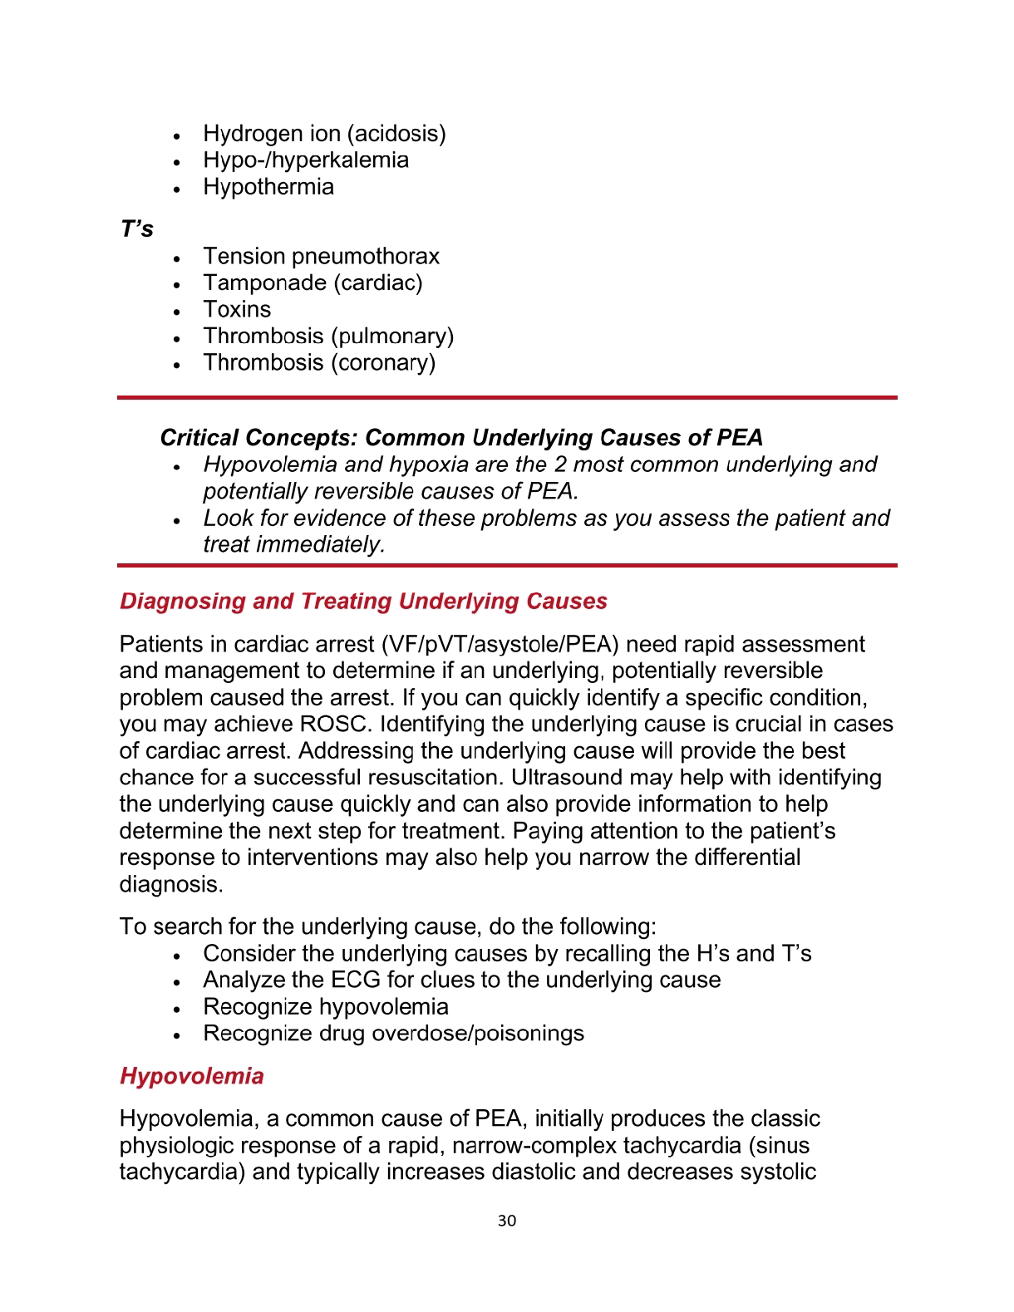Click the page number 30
pyautogui.click(x=507, y=1221)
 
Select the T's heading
pyautogui.click(x=137, y=229)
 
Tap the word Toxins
pyautogui.click(x=237, y=310)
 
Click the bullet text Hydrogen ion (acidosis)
pyautogui.click(x=324, y=134)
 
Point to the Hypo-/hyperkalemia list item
pyautogui.click(x=306, y=160)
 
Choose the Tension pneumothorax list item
pyautogui.click(x=321, y=257)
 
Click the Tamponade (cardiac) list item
pyautogui.click(x=313, y=283)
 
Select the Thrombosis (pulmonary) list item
pyautogui.click(x=328, y=337)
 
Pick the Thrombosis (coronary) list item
pyautogui.click(x=319, y=363)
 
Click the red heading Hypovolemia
pyautogui.click(x=192, y=1076)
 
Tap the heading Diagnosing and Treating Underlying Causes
pyautogui.click(x=363, y=602)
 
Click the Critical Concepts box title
pyautogui.click(x=461, y=438)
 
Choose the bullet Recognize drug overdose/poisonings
pyautogui.click(x=393, y=1034)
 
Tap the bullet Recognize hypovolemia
pyautogui.click(x=326, y=1007)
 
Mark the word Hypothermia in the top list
pyautogui.click(x=268, y=187)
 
